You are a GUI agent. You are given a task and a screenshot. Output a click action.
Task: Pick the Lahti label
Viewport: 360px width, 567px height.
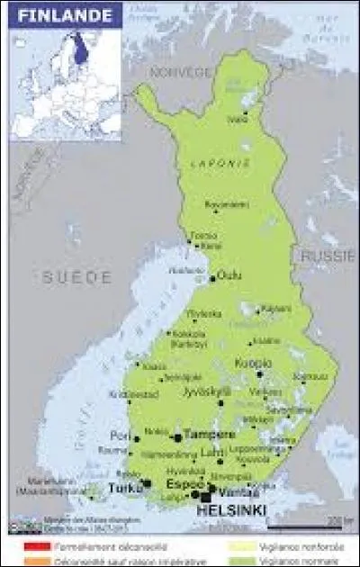pyautogui.click(x=213, y=452)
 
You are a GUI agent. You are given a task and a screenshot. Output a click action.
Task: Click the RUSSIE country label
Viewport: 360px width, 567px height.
pyautogui.click(x=328, y=256)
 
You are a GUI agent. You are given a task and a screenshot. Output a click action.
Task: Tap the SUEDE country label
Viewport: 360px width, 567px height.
pyautogui.click(x=76, y=277)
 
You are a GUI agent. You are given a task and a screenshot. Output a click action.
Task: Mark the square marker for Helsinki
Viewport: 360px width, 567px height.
pyautogui.click(x=206, y=496)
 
